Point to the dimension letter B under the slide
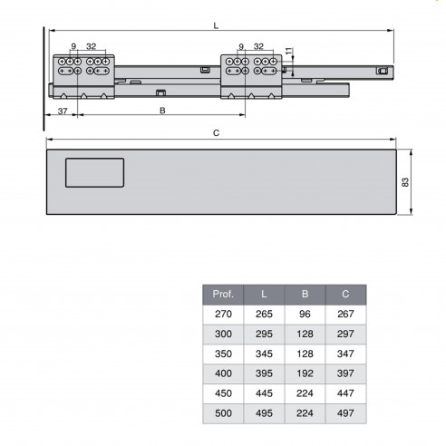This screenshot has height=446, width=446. (161, 110)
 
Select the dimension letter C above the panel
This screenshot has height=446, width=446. (215, 132)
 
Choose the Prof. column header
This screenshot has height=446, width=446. (223, 295)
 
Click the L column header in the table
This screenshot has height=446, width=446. (264, 295)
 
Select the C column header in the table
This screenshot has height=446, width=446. (345, 295)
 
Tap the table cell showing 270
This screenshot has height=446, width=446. (223, 315)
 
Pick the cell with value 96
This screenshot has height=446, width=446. (305, 315)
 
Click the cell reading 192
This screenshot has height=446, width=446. (305, 373)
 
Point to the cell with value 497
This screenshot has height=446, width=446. (345, 413)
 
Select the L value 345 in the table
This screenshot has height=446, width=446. (264, 354)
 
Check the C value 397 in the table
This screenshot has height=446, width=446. (345, 373)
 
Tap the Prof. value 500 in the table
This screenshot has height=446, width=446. (223, 413)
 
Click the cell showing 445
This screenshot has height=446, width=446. (264, 393)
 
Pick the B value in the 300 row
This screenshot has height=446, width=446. (305, 334)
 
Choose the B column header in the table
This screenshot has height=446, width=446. (305, 295)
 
